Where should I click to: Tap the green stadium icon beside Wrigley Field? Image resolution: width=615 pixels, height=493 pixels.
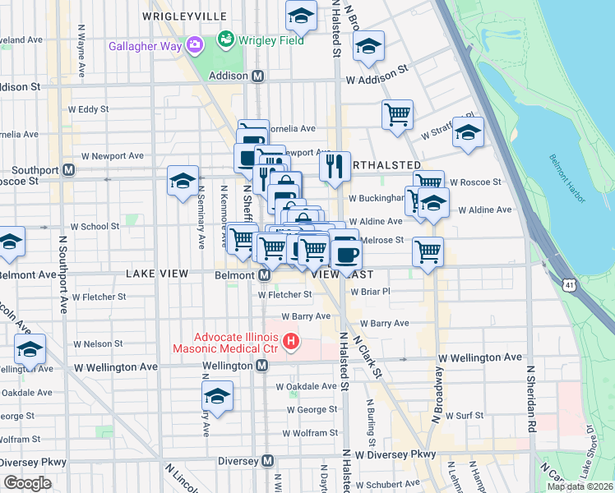(224, 39)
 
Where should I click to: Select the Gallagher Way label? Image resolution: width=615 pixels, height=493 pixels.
(145, 45)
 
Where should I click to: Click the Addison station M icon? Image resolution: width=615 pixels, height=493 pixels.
(258, 76)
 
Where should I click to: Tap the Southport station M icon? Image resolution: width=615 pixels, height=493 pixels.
(69, 170)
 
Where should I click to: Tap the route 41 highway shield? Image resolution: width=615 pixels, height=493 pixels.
(568, 285)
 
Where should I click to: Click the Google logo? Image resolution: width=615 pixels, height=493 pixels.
(28, 483)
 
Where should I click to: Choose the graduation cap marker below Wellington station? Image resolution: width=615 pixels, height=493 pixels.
(217, 396)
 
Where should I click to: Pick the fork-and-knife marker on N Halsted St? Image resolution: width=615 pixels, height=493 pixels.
(335, 166)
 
